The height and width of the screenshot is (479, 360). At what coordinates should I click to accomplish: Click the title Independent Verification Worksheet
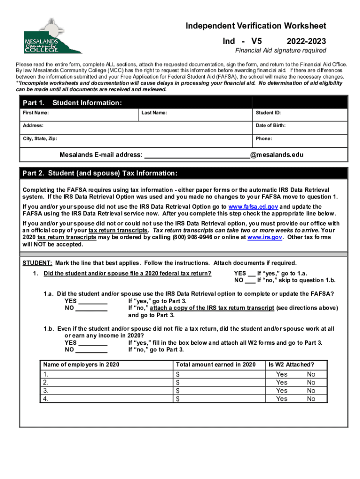tap(256, 26)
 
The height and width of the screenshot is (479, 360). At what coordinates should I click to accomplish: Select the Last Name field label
tap(154, 113)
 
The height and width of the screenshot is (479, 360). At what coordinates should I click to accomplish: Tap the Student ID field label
tap(268, 113)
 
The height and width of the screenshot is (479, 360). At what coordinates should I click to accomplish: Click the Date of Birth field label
tap(270, 125)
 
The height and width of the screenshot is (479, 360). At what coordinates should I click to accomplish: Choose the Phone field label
tap(264, 138)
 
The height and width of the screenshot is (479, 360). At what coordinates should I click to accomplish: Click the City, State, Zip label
tap(41, 138)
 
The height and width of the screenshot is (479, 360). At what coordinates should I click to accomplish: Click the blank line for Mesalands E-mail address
tap(196, 155)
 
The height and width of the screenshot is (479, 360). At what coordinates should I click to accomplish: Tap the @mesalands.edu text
tap(274, 155)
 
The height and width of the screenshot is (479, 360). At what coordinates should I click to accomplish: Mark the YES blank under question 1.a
tap(92, 302)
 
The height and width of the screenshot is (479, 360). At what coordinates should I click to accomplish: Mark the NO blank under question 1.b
tap(92, 350)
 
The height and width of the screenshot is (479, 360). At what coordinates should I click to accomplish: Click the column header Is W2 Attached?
tap(291, 364)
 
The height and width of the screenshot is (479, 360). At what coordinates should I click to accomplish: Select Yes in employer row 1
tap(281, 374)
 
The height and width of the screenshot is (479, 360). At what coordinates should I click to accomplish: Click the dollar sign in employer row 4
tap(178, 399)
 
